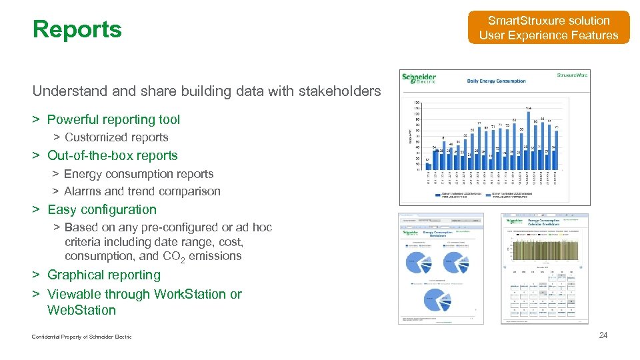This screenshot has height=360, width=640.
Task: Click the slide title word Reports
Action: point(77,29)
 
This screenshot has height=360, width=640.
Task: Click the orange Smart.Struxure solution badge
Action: point(549,28)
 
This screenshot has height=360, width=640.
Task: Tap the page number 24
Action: point(603,335)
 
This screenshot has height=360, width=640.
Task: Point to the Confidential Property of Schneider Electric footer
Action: point(81,337)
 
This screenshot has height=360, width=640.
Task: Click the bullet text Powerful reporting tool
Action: point(113,120)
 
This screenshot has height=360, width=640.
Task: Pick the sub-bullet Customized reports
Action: point(116,137)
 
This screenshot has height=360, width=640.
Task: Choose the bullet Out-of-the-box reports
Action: point(113,155)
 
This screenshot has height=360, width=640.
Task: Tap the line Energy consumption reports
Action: point(139,174)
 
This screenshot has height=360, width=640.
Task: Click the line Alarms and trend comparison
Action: point(142,191)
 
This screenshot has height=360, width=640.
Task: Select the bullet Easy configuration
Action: point(102,209)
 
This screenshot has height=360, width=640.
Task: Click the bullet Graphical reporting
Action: point(104,275)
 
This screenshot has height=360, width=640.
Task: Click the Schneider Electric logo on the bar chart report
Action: point(419,78)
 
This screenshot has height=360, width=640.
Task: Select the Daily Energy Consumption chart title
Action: point(496,81)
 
